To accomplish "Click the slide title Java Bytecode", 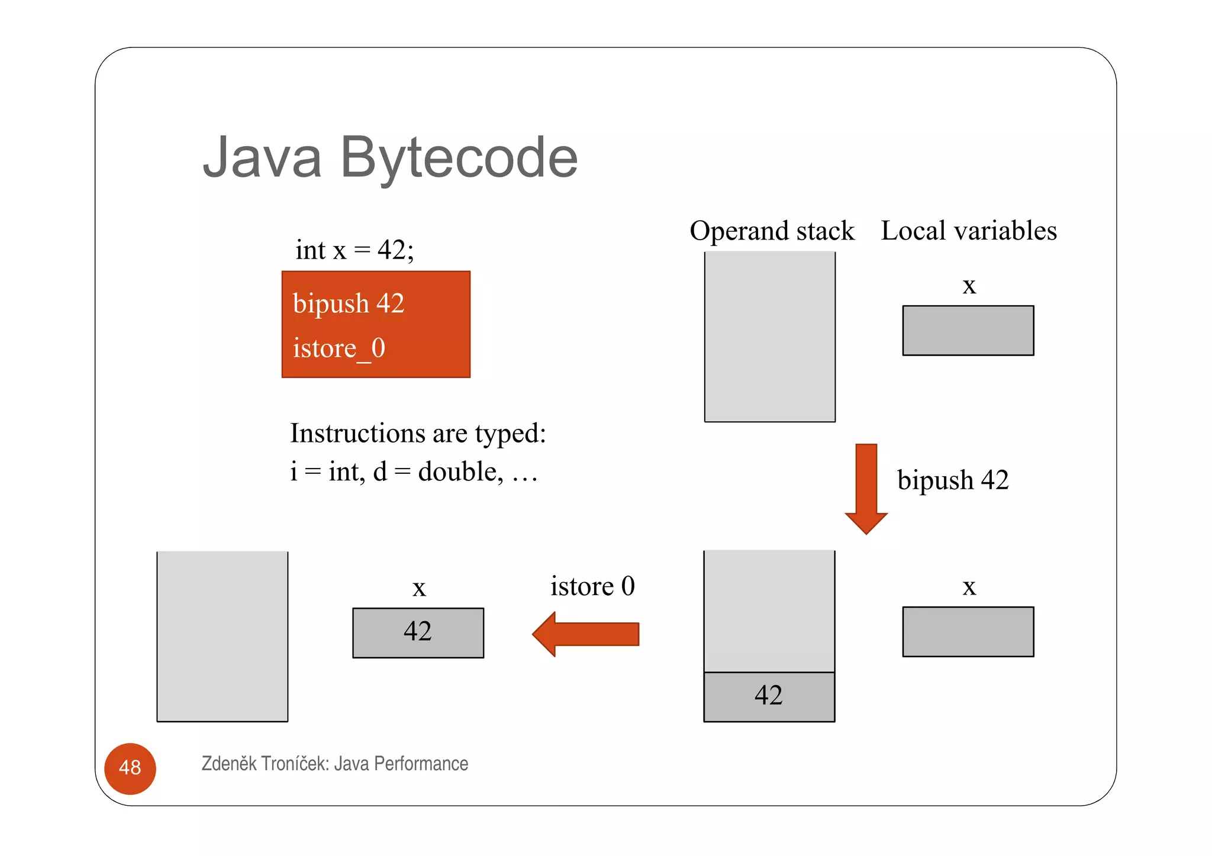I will [390, 158].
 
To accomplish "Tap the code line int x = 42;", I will [354, 250].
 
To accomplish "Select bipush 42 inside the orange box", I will [348, 303].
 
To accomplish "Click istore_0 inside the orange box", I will [339, 348].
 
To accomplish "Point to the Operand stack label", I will [772, 231].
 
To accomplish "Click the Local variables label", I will [968, 231].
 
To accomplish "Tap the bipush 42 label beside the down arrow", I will [952, 480].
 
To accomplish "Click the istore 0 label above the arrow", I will [592, 586].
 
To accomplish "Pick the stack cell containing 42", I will [769, 696].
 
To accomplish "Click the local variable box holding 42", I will [418, 632].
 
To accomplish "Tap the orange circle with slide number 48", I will [130, 768].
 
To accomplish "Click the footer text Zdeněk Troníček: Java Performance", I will [334, 764].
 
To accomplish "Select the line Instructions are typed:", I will [417, 433].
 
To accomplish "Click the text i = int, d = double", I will [413, 472].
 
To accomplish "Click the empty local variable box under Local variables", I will [968, 330].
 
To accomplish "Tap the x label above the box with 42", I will [419, 588].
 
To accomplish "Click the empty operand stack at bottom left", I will [222, 636].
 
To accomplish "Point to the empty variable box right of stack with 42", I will [968, 631].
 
